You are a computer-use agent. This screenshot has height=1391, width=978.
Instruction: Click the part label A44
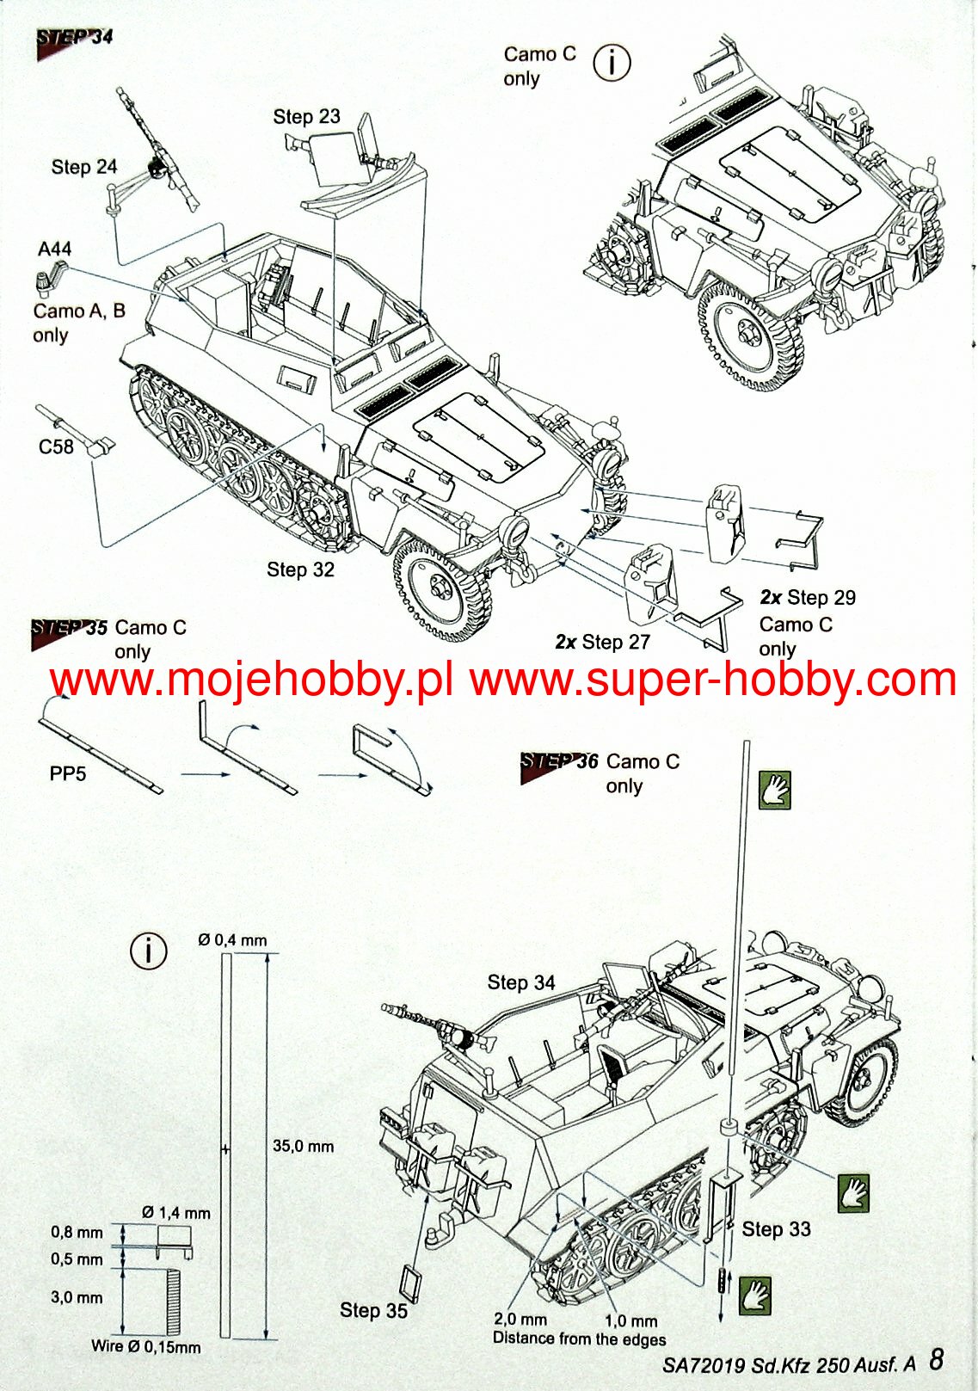tap(54, 249)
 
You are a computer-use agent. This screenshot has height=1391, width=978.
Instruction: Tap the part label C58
tap(56, 446)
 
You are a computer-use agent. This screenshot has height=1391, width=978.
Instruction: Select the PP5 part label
tap(68, 773)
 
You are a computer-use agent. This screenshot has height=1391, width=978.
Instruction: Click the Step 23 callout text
tap(306, 116)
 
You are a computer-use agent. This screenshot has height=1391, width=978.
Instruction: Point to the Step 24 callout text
tap(83, 167)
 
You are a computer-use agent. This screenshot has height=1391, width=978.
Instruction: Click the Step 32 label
tap(299, 569)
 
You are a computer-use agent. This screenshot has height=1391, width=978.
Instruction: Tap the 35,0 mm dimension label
tap(303, 1146)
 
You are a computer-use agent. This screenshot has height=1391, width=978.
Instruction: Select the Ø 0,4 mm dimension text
tap(232, 939)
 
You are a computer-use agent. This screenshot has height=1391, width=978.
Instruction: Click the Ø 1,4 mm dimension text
tap(176, 1213)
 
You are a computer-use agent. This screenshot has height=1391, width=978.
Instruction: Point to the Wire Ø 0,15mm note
tap(145, 1346)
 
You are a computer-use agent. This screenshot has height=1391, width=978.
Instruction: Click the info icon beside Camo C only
tap(612, 63)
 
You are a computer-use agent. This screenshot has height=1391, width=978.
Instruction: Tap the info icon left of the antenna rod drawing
tap(148, 951)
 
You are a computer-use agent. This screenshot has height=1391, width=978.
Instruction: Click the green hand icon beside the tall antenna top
tap(774, 789)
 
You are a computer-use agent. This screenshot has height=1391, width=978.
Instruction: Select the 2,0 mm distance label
tap(520, 1319)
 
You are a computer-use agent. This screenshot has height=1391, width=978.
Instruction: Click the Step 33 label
tap(776, 1229)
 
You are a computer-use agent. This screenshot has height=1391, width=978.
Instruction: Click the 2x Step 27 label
tap(602, 642)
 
